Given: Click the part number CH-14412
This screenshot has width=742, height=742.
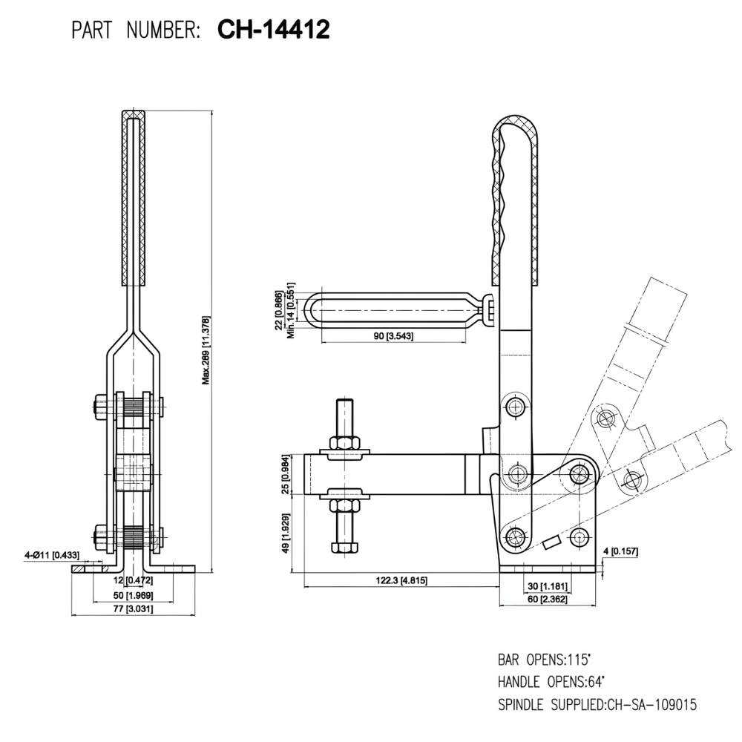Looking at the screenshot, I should coord(274,30).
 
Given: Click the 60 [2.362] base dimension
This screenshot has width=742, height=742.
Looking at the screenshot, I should coord(548,598).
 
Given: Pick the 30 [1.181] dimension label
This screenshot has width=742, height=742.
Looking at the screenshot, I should coord(548,586).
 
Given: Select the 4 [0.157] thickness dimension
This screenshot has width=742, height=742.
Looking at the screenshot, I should coord(621,551).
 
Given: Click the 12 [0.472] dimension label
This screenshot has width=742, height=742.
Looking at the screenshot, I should coord(134,580).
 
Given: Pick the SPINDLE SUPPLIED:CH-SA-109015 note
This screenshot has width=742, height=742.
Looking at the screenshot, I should coord(597,703).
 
